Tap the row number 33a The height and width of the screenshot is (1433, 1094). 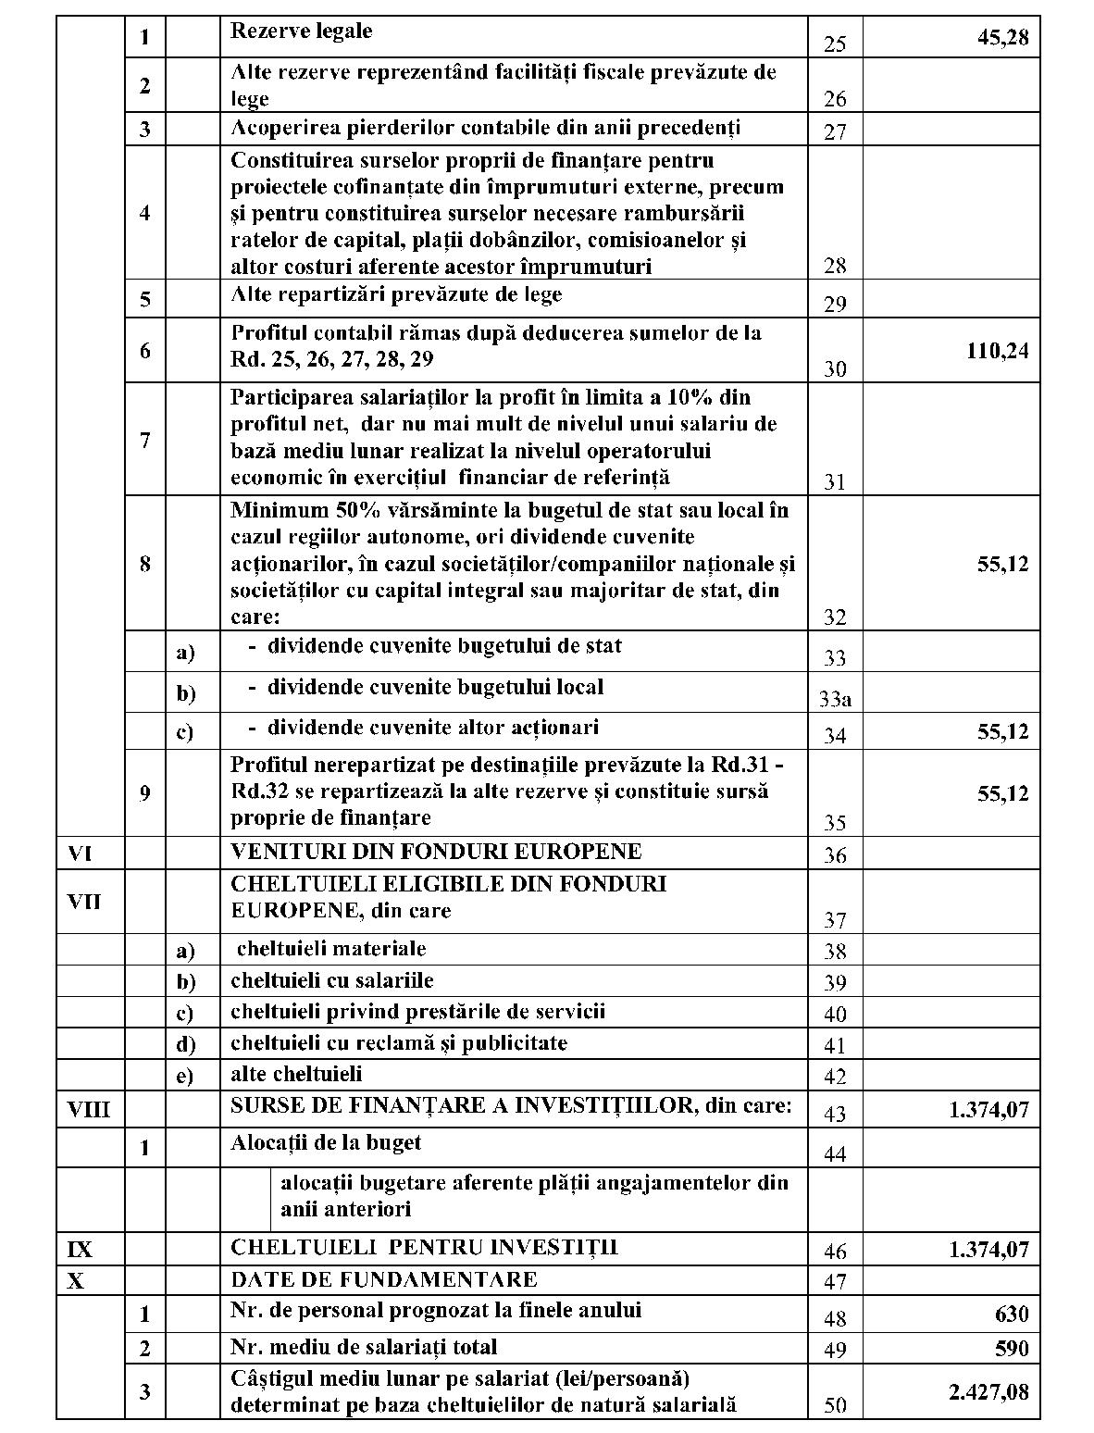coord(835,699)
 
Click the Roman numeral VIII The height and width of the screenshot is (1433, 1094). coord(89,1109)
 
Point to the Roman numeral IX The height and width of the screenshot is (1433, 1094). coord(81,1250)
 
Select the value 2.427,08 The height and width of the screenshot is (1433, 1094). coord(988,1391)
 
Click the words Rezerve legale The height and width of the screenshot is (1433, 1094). coord(301,31)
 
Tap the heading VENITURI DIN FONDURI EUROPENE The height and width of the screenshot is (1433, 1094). coord(436,851)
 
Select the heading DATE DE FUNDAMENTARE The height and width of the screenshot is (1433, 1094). coord(383,1279)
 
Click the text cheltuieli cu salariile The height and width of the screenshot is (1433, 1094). coord(331,979)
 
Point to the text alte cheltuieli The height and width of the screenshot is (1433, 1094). coord(296,1074)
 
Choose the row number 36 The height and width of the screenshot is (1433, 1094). coord(835,855)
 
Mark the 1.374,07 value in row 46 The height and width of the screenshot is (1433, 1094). coord(988,1250)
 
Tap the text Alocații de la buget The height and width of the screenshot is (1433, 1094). coord(325,1142)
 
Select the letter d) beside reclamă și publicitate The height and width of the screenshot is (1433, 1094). coord(186,1044)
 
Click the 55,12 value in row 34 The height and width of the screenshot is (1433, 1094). coord(1002,731)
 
